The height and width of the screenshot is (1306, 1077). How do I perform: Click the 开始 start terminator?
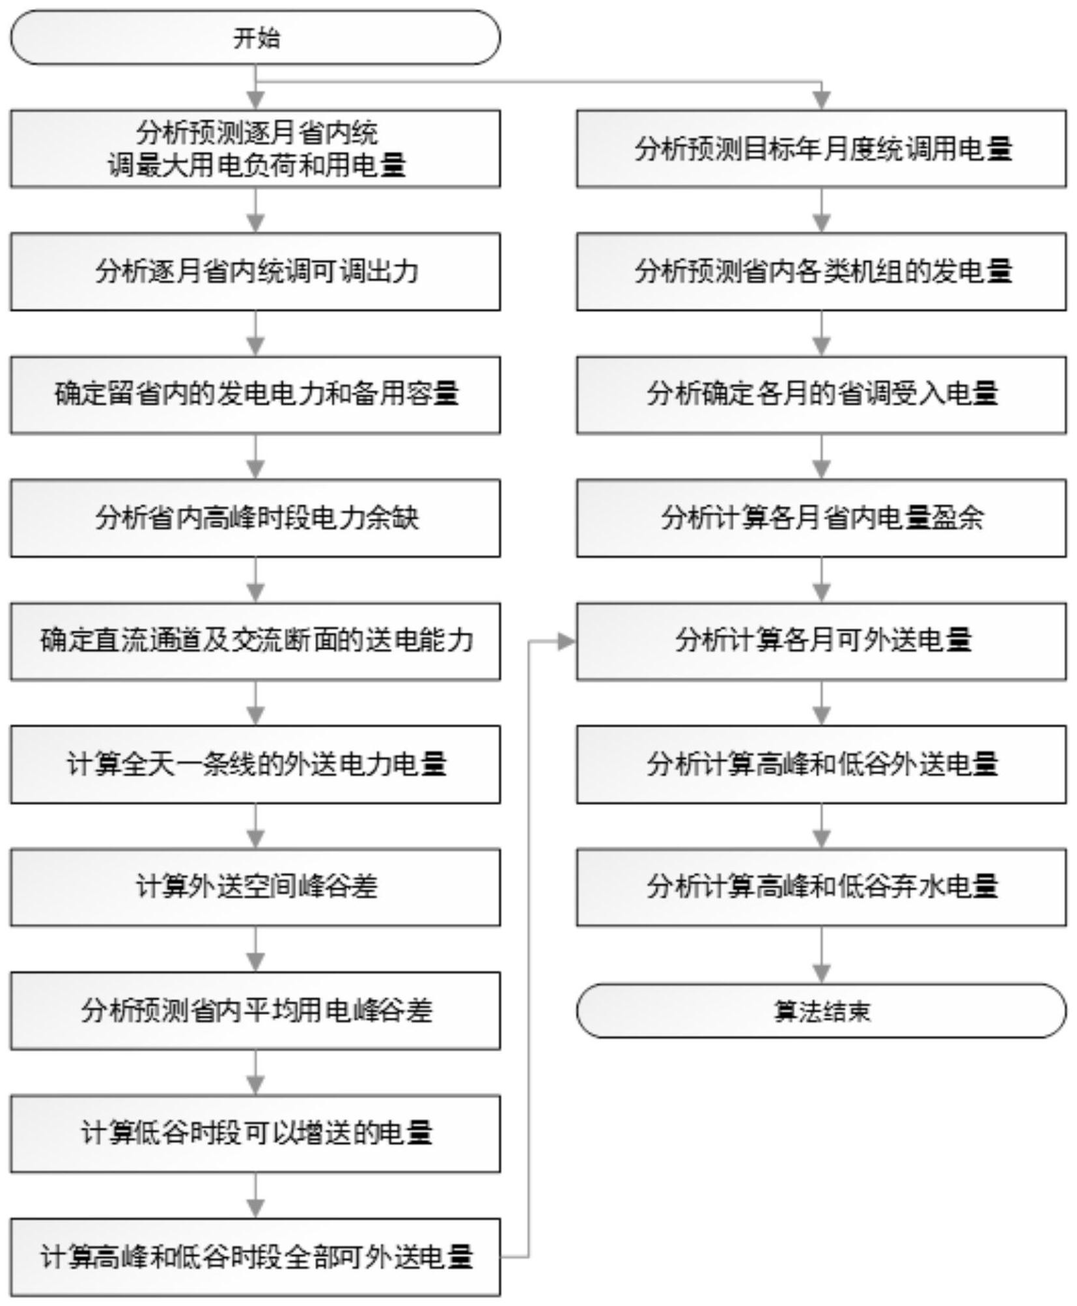(x=255, y=37)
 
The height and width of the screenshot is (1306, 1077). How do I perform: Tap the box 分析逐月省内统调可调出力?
(x=255, y=272)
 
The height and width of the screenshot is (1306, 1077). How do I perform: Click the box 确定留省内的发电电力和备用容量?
(x=255, y=395)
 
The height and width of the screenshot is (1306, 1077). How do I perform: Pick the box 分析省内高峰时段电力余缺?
(x=255, y=518)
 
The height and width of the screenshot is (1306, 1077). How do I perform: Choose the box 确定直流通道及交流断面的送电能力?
(x=255, y=642)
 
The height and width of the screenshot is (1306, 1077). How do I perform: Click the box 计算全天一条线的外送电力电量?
(x=255, y=765)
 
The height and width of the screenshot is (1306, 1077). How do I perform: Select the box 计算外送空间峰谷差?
(x=255, y=887)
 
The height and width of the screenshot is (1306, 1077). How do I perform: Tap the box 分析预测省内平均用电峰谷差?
(x=255, y=1011)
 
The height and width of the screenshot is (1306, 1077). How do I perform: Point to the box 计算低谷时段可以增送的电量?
(x=255, y=1134)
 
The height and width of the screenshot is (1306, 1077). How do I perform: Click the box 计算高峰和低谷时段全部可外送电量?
(x=255, y=1257)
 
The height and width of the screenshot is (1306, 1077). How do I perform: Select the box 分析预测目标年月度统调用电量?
(x=821, y=149)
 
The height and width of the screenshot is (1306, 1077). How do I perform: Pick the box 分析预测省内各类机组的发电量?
(x=821, y=272)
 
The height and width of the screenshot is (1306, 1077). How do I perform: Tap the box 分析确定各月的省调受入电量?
(x=821, y=395)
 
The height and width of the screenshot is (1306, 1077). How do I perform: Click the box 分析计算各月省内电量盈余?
(x=821, y=518)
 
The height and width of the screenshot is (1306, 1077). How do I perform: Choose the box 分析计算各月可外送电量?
(x=821, y=642)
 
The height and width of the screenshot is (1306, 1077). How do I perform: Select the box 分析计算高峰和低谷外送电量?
(x=821, y=765)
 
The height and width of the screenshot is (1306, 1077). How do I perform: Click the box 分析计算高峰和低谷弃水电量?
(x=821, y=887)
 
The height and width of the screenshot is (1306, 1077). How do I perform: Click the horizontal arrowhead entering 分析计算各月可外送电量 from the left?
(x=567, y=642)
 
